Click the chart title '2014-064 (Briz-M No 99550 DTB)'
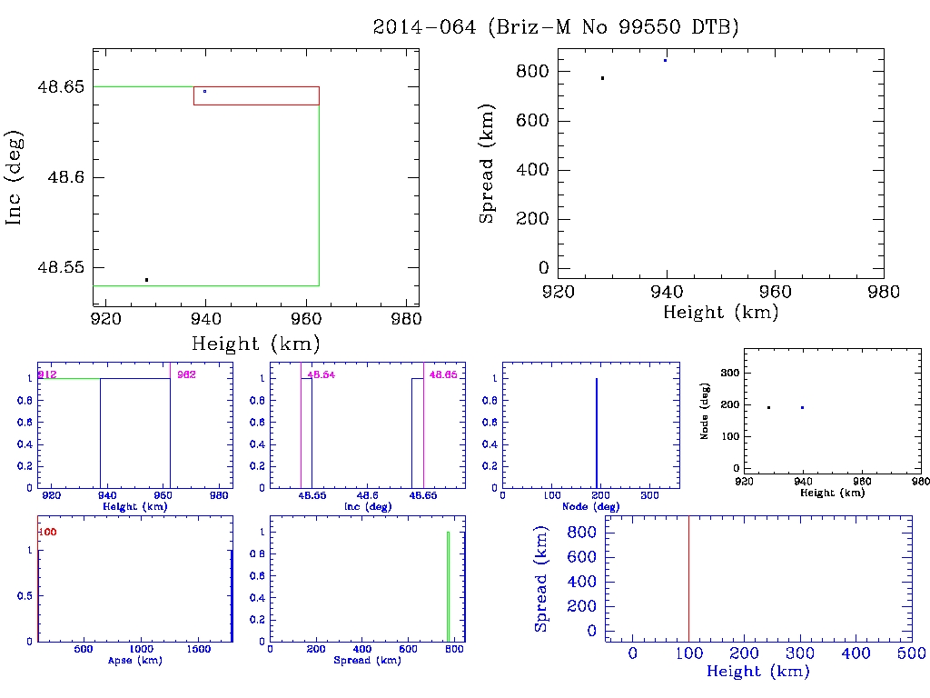[556, 27]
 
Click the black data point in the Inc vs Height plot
[146, 280]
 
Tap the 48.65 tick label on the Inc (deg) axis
[59, 87]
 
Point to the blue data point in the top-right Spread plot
[666, 60]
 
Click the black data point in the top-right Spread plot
[602, 78]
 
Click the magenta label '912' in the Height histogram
[46, 374]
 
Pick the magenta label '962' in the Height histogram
[186, 374]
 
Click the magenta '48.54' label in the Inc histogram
[322, 374]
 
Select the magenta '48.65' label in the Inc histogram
[443, 374]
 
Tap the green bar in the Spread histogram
[448, 586]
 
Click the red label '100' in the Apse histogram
[48, 532]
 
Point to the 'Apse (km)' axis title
[134, 660]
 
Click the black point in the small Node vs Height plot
[768, 407]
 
